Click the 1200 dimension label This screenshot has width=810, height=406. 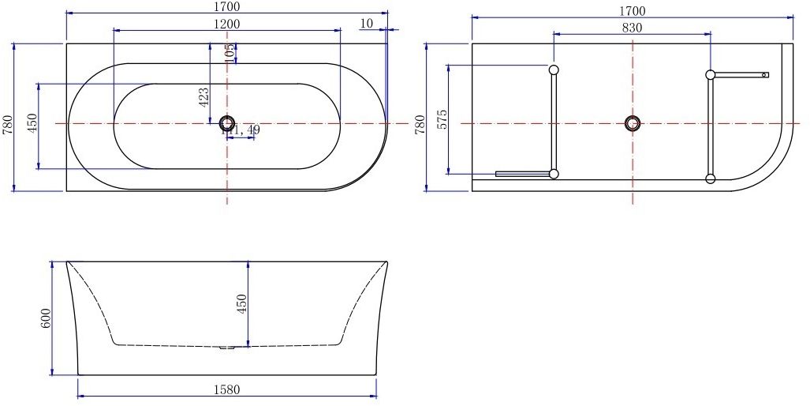227,24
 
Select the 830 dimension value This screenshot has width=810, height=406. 632,28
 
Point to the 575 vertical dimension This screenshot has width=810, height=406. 442,119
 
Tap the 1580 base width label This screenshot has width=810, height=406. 227,389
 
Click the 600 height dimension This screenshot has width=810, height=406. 47,318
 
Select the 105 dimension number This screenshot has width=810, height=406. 230,53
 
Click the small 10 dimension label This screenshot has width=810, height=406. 366,24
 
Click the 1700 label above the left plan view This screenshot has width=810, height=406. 227,7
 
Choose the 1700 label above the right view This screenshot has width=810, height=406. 632,10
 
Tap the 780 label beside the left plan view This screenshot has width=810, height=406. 8,124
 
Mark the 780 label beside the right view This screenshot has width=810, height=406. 420,124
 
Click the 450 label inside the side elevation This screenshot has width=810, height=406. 242,303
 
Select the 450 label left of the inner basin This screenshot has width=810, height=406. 32,124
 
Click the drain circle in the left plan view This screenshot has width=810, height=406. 227,123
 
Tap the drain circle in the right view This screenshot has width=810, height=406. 633,123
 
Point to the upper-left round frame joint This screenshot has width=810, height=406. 554,70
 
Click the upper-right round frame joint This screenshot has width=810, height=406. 711,75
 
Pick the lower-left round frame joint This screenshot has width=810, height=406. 554,175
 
